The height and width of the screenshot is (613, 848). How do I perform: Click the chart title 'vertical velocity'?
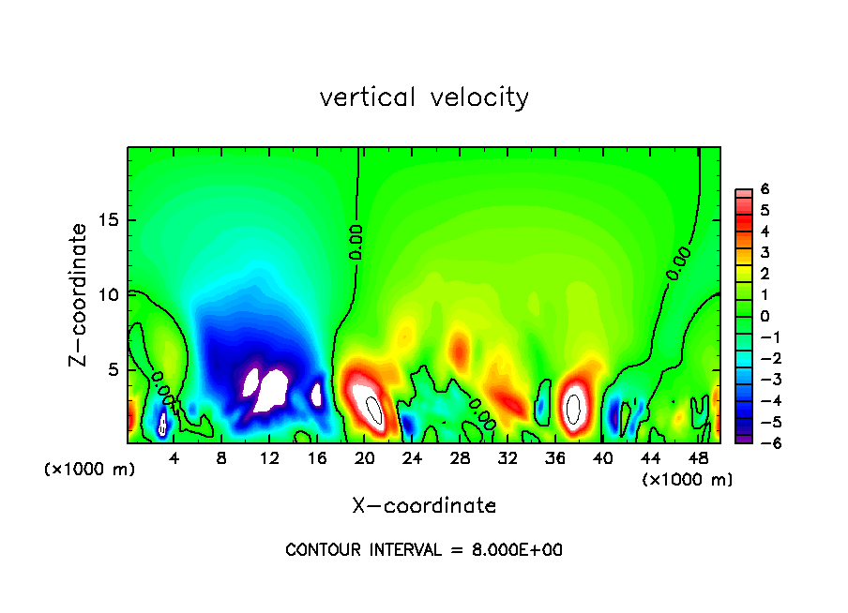(424, 97)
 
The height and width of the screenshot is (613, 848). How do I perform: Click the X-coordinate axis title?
(424, 505)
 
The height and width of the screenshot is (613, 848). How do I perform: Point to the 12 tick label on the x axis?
(269, 458)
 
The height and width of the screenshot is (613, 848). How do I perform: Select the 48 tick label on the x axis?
(698, 458)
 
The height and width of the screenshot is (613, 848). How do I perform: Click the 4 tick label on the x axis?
(174, 458)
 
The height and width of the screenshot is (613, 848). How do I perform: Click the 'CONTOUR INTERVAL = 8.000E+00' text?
(424, 550)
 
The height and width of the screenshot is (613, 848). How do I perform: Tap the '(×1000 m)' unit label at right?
(688, 480)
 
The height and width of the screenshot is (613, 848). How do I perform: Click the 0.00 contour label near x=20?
(356, 242)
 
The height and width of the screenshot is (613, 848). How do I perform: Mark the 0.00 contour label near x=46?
(678, 263)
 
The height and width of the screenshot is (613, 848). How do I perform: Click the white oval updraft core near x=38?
(574, 408)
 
